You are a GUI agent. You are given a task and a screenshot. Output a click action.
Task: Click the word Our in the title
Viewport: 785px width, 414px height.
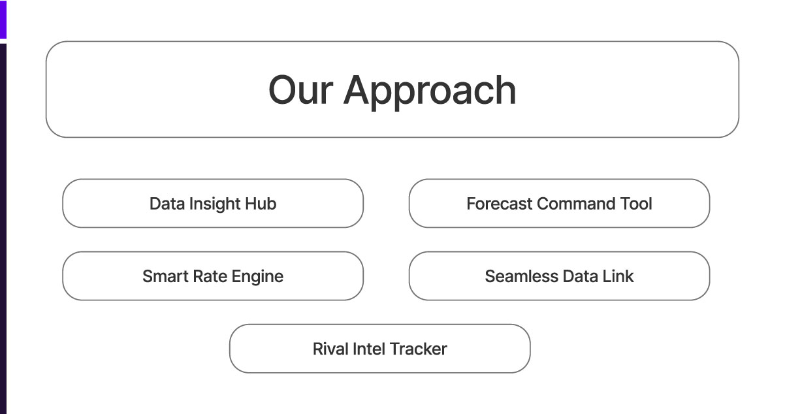(x=300, y=90)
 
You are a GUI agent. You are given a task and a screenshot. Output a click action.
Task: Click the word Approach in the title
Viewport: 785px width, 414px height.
(x=430, y=91)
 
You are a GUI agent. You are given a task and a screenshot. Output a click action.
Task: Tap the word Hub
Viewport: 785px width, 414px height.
(x=261, y=204)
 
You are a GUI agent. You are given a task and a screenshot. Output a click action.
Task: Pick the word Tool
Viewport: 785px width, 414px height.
(x=635, y=204)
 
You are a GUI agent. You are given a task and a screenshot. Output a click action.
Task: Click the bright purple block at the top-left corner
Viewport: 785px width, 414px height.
(x=3, y=19)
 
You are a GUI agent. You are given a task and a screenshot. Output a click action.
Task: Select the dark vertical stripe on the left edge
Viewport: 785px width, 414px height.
(x=3, y=229)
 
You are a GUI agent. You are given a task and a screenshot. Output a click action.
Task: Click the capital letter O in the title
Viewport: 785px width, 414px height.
(x=283, y=90)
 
